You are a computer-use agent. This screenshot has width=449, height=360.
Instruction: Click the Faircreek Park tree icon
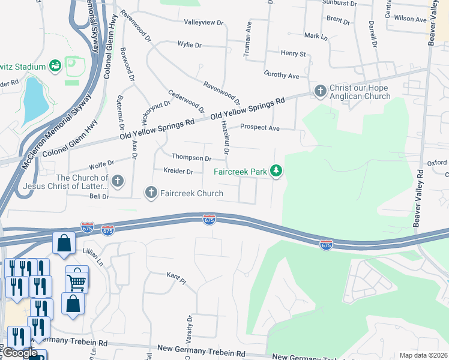276,172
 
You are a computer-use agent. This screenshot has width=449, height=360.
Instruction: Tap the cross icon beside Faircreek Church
150,193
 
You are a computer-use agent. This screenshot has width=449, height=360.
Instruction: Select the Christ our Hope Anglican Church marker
320,91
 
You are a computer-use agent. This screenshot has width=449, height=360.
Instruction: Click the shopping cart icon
77,280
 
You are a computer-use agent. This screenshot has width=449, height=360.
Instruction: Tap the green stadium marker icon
55,65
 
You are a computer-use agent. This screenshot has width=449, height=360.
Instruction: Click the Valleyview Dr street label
203,22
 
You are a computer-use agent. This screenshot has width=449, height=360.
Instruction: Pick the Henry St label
294,53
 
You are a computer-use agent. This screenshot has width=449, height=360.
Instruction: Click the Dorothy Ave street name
281,76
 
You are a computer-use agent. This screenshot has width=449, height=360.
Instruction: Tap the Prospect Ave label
260,128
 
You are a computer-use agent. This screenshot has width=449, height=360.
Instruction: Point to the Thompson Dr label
191,158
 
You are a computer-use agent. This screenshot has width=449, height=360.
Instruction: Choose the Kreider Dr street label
178,172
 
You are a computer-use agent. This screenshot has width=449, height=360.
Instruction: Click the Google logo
20,353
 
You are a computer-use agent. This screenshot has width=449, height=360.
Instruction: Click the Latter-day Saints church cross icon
118,180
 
